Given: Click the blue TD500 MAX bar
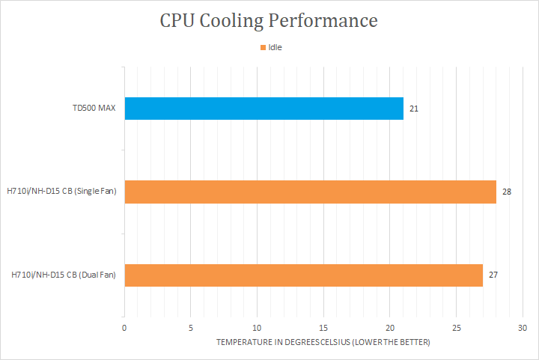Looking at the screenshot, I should pos(264,109).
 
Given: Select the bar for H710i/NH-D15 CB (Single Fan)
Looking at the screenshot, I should pos(310,192).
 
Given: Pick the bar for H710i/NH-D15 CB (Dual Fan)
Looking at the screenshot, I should pos(303,275).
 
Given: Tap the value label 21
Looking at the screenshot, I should pos(413,109).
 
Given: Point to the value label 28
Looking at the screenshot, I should pos(507,192).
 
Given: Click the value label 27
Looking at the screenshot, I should pos(493,275).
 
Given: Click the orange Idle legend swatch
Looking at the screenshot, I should pos(262,47).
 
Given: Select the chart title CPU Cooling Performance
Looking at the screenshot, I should pos(269,20).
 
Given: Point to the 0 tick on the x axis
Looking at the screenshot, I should pos(124,328).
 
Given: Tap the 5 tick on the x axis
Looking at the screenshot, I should pos(191,328).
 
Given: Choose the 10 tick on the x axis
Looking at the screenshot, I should pos(258,328).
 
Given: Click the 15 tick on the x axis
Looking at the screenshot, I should pos(323,328).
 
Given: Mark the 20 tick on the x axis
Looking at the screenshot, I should pos(390,328).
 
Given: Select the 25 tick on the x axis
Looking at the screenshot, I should pos(457,328).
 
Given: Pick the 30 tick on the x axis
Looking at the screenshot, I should pos(523,328).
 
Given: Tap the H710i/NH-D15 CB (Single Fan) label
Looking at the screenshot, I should pos(64,192).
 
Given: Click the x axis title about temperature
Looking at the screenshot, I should pos(323,343).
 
